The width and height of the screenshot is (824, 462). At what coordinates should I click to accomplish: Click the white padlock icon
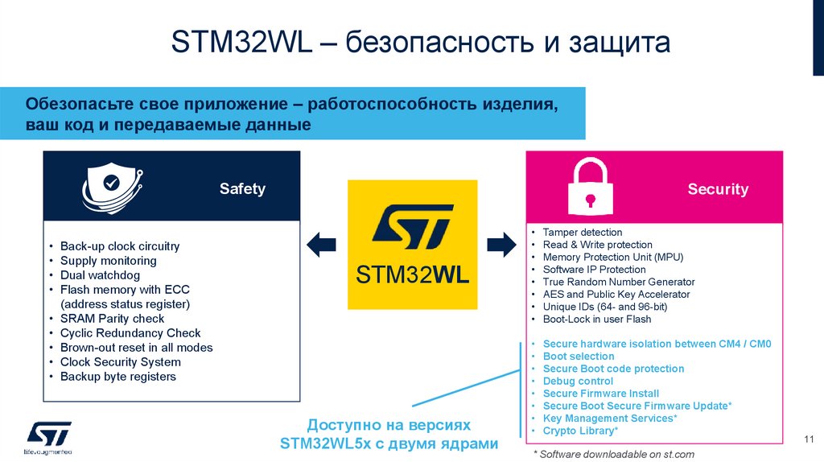tap(591, 187)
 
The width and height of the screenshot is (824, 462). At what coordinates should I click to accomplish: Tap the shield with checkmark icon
tap(111, 187)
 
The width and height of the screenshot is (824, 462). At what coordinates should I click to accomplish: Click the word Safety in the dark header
tap(242, 189)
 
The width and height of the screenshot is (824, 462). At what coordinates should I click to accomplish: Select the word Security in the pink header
tap(718, 189)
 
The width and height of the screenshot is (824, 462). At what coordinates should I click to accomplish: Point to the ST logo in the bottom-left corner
tap(50, 435)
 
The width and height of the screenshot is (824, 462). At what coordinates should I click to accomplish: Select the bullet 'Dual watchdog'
tap(100, 275)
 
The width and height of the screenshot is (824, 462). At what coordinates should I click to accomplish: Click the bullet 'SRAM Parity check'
tap(112, 319)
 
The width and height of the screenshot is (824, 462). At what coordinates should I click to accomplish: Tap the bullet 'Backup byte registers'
tap(117, 377)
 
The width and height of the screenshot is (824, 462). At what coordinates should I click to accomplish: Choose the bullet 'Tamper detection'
tap(583, 233)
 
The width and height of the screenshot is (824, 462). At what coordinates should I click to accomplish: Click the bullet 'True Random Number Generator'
tap(618, 282)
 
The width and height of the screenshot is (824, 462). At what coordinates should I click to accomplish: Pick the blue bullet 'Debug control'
tap(578, 381)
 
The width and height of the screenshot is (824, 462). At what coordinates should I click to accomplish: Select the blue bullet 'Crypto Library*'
tap(580, 431)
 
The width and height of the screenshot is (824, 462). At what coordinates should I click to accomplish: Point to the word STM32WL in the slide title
tap(242, 43)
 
